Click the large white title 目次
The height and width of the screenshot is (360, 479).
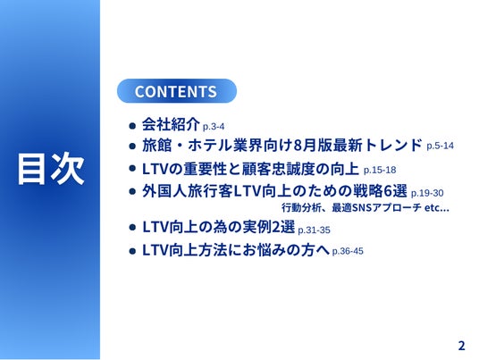point(51,169)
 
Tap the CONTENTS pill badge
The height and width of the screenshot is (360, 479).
point(177,91)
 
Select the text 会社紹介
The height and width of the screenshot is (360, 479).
point(171,124)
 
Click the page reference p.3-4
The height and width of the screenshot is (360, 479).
point(214,127)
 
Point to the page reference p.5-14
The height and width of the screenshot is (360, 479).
point(440,146)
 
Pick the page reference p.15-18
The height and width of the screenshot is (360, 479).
point(380,170)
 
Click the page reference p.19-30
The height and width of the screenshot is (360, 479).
point(427,193)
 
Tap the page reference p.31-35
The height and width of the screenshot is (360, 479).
point(314,230)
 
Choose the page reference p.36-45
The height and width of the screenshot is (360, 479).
point(348,251)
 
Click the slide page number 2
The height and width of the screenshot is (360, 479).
point(461,346)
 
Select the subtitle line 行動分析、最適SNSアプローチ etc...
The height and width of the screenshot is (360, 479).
point(365,207)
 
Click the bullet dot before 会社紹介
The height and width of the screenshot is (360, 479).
point(132,125)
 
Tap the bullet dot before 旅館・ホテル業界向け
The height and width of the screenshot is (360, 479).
point(132,146)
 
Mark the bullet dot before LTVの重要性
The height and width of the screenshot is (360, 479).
point(132,168)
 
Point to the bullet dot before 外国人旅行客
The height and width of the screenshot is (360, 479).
point(132,191)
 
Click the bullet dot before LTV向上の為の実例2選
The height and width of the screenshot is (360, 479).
point(132,227)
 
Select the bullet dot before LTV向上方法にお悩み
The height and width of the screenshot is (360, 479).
point(132,251)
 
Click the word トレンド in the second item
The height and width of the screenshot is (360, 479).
point(393,145)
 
